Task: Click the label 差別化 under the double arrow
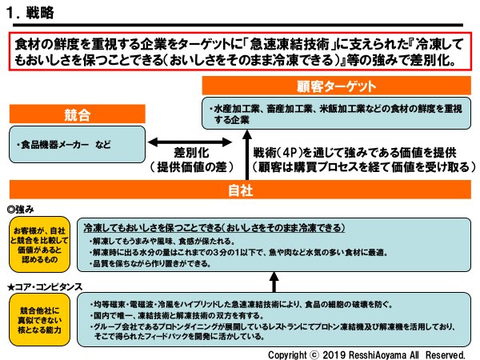click(x=192, y=152)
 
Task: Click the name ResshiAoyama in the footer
click(x=383, y=352)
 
